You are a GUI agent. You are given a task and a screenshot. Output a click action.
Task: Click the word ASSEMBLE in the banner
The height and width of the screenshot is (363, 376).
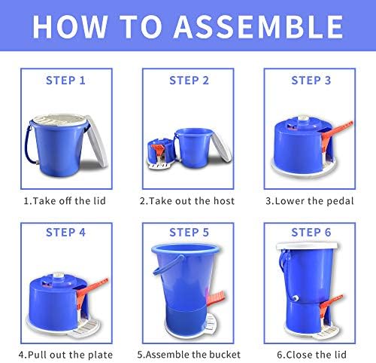[x=259, y=27]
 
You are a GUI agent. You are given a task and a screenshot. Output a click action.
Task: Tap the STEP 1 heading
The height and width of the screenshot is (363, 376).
[x=65, y=81]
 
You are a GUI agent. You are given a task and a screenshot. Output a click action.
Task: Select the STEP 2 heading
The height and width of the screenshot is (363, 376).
[x=189, y=81]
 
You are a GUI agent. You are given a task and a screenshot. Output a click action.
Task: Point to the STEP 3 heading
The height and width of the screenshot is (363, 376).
[x=311, y=81]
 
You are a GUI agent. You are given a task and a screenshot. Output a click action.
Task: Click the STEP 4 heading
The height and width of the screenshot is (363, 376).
[x=65, y=233]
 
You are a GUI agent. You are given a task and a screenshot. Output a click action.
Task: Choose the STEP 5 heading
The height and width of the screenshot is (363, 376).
[x=189, y=233]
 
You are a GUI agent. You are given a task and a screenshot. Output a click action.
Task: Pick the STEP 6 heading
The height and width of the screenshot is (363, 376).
[x=311, y=233]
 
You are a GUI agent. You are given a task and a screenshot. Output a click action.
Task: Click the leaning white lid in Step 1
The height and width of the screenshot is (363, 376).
[x=96, y=141]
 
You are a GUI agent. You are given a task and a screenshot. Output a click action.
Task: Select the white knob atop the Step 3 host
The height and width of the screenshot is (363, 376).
[x=303, y=119]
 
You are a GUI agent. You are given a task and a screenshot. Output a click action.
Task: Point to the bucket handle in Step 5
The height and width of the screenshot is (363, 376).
[x=168, y=264]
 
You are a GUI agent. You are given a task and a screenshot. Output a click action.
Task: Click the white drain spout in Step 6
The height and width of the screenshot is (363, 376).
[x=296, y=299]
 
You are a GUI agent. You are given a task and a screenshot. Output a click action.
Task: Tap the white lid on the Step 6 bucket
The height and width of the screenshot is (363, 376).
[x=307, y=246]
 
